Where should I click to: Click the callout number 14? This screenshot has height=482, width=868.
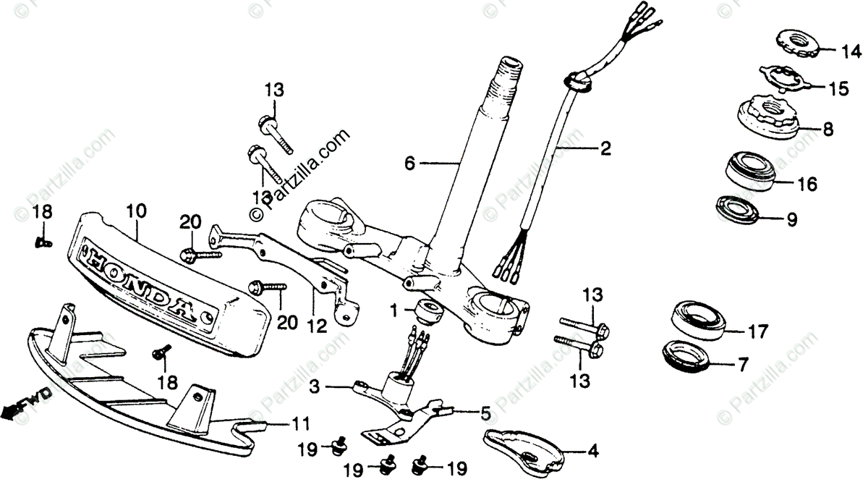click(851, 51)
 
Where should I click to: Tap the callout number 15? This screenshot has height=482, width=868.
click(838, 89)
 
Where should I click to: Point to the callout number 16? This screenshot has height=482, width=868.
click(807, 185)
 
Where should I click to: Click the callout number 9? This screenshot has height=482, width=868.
click(792, 219)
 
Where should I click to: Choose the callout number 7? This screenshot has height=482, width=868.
click(743, 365)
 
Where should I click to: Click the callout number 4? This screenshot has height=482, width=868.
click(593, 452)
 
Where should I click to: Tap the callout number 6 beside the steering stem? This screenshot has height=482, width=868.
click(409, 164)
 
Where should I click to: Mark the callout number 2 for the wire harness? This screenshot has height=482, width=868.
click(605, 149)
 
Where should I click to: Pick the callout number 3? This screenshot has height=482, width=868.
click(314, 388)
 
